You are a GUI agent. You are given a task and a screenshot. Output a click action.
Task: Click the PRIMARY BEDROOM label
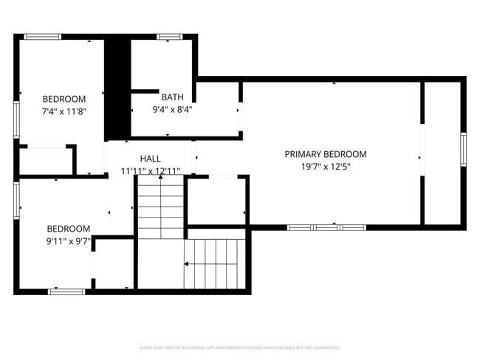326,154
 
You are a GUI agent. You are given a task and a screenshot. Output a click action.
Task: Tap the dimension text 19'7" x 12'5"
326,167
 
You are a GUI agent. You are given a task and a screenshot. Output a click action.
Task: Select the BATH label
173,97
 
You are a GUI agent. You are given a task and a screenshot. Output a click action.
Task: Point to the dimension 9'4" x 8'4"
173,109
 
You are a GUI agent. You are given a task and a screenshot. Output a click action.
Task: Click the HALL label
150,159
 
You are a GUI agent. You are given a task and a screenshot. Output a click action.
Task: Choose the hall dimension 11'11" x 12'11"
150,171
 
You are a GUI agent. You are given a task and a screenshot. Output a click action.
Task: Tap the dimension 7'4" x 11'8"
64,111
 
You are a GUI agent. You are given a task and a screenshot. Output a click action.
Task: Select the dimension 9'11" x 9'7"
69,241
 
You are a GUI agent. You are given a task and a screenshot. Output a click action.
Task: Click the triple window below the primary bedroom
326,227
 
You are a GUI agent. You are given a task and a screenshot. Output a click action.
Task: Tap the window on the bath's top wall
169,36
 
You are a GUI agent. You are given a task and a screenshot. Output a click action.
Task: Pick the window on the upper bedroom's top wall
43,36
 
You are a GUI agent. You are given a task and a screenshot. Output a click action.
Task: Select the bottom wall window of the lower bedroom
66,292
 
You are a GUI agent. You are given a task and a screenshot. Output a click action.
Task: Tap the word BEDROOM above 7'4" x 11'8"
64,99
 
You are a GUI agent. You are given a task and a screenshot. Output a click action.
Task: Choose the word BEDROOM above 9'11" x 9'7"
69,229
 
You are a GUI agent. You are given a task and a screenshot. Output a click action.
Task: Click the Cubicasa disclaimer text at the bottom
240,347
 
